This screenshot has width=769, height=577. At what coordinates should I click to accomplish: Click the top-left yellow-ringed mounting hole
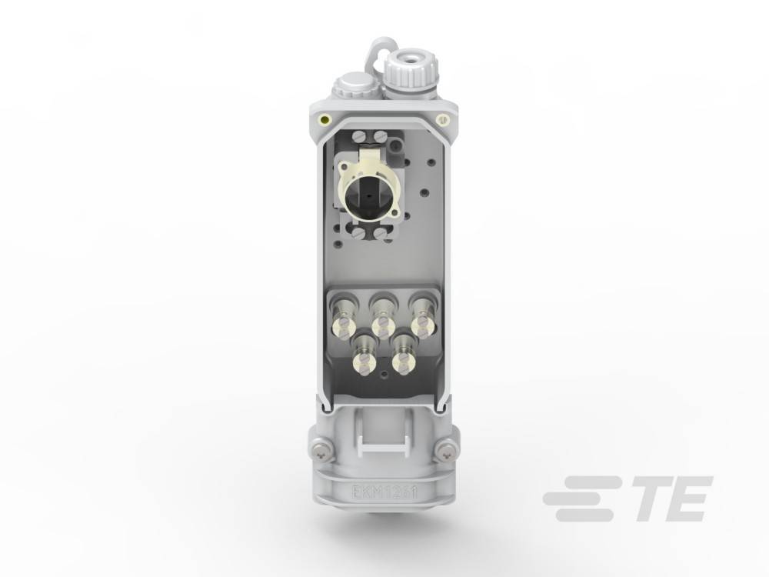326,119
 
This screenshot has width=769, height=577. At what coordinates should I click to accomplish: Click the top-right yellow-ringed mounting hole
442,119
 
